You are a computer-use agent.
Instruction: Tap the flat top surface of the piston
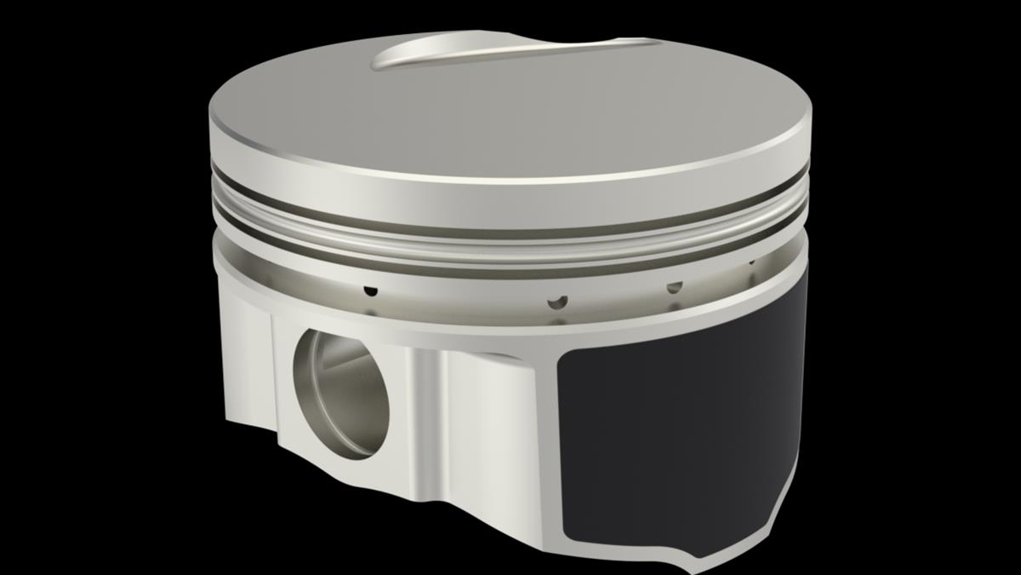(x=510, y=111)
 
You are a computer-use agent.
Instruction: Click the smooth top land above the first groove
(x=510, y=187)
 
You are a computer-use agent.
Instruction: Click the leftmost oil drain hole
(x=369, y=290)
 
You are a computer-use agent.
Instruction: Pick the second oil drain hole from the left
(x=556, y=301)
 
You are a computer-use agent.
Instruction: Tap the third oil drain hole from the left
(x=674, y=287)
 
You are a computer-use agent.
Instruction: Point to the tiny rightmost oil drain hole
(x=751, y=262)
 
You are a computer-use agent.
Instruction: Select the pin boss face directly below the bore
(x=349, y=477)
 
